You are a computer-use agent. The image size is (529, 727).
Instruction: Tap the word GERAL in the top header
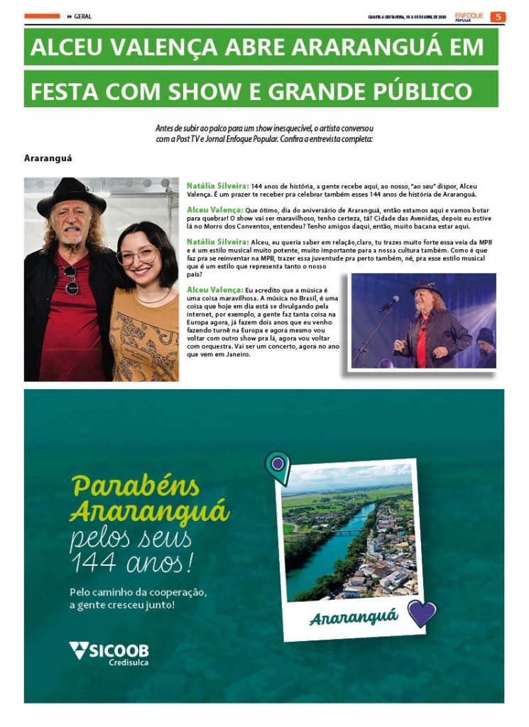tap(82, 17)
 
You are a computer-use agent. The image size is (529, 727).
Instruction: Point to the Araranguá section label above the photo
tap(48, 158)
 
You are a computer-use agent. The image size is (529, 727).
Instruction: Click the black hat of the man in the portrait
tap(71, 196)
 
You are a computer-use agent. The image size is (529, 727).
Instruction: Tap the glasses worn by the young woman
tap(136, 256)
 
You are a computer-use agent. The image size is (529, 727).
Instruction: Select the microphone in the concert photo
tap(388, 304)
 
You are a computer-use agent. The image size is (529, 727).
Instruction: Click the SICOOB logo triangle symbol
tap(79, 649)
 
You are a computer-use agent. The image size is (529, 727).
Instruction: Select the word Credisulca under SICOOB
tap(129, 663)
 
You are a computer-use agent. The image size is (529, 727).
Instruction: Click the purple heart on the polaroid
tap(422, 612)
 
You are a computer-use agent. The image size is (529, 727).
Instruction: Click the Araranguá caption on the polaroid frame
tap(353, 616)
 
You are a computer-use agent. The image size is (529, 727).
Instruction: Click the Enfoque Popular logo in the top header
tap(469, 16)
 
